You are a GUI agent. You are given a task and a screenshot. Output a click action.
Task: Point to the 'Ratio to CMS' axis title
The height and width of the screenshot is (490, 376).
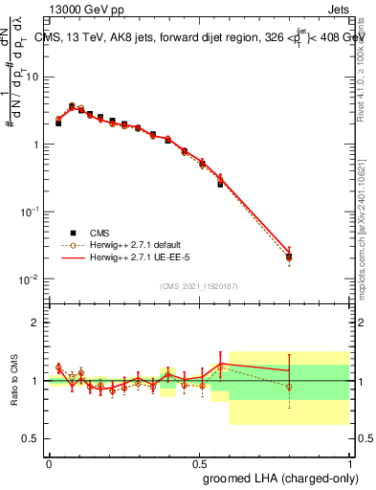[x=14, y=380]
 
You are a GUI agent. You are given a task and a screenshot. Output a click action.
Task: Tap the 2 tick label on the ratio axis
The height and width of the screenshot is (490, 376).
[x=36, y=323]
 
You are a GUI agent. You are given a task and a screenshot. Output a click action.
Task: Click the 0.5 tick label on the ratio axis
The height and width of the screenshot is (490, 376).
[x=33, y=439]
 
